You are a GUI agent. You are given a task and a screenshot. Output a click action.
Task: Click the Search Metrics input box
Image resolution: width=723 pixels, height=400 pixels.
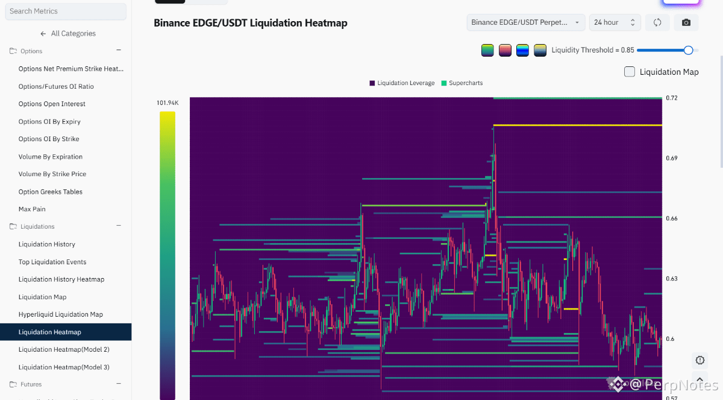coord(66,11)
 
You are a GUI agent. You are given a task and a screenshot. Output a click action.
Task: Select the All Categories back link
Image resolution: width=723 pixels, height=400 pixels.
coord(68,34)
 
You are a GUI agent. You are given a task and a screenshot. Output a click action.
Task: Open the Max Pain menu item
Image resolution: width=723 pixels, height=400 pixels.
coord(32,209)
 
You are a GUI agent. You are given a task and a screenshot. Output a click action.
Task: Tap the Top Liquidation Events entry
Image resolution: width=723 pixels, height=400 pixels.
coord(52,262)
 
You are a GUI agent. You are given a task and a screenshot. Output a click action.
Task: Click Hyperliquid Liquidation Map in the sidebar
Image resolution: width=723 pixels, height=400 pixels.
coord(61,314)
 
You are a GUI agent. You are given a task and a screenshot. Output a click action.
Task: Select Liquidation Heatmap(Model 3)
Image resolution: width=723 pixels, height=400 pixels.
coord(64,367)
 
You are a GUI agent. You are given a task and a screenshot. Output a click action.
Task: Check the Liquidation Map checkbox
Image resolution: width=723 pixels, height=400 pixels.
coord(630,72)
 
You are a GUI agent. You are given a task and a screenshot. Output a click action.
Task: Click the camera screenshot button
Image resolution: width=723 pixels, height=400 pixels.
coord(686,22)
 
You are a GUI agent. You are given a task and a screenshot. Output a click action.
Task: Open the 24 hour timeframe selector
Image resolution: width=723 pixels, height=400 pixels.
coord(615,22)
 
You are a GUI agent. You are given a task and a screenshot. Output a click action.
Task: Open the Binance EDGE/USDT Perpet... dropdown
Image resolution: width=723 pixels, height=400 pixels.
coord(526,22)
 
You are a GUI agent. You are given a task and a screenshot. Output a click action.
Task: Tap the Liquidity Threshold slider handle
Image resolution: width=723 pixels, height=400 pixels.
coord(688,50)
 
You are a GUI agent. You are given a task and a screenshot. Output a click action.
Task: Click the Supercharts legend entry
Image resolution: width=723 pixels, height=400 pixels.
coord(462,83)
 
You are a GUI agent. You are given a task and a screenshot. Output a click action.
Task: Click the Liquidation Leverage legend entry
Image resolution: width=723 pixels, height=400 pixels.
coord(402,83)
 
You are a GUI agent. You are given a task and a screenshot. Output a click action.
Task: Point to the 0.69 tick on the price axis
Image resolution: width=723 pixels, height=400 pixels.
coord(672,158)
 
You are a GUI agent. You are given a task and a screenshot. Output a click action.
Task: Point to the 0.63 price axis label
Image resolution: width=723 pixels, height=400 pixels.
coord(672,279)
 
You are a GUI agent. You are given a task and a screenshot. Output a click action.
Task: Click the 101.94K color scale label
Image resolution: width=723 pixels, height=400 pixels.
coord(167,103)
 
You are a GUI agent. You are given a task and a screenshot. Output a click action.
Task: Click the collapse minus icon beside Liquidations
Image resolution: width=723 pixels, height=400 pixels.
coord(119,226)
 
